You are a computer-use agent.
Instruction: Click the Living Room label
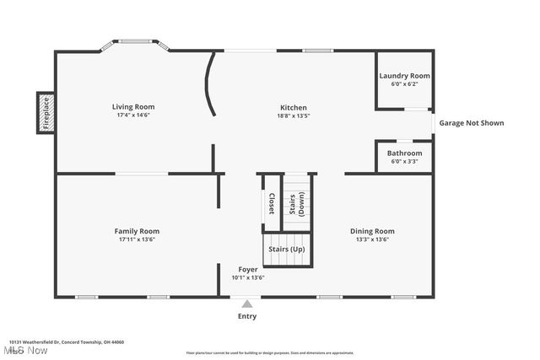pyautogui.click(x=133, y=107)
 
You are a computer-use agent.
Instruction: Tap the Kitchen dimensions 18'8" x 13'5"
pyautogui.click(x=294, y=116)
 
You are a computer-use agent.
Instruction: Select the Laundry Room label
pyautogui.click(x=404, y=76)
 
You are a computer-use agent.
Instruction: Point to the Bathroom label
pyautogui.click(x=404, y=153)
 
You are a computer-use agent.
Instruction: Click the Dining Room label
pyautogui.click(x=372, y=231)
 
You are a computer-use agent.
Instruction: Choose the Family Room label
pyautogui.click(x=137, y=231)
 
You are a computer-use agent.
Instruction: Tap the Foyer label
pyautogui.click(x=248, y=269)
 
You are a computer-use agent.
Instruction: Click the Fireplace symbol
pyautogui.click(x=46, y=112)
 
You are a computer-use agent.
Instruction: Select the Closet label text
pyautogui.click(x=271, y=204)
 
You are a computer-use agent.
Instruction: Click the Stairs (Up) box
pyautogui.click(x=287, y=250)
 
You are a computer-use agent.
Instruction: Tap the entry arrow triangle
pyautogui.click(x=246, y=304)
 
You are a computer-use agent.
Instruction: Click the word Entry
pyautogui.click(x=246, y=316)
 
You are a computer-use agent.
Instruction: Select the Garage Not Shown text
pyautogui.click(x=472, y=123)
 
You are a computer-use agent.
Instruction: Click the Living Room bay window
pyautogui.click(x=136, y=42)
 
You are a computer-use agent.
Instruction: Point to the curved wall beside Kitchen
pyautogui.click(x=208, y=85)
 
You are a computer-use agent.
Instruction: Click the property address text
pyautogui.click(x=67, y=342)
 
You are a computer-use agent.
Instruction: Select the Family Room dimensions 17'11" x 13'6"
pyautogui.click(x=137, y=239)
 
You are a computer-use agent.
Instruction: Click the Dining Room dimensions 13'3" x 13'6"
pyautogui.click(x=372, y=239)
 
